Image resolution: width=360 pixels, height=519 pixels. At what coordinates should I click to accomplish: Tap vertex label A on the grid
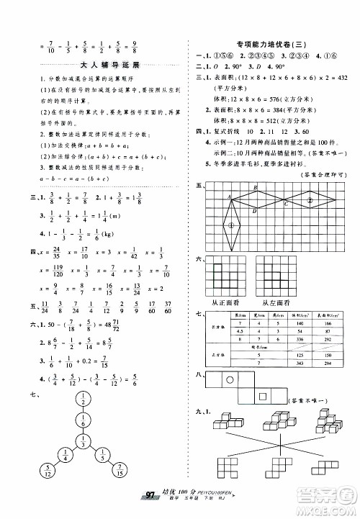click(x=229, y=197)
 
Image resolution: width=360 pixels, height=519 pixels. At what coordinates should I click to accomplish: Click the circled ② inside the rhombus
click(x=310, y=199)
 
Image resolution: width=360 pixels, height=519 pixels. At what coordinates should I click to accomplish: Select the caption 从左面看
click(x=290, y=304)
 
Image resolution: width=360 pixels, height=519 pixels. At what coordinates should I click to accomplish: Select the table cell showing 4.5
click(x=238, y=331)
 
